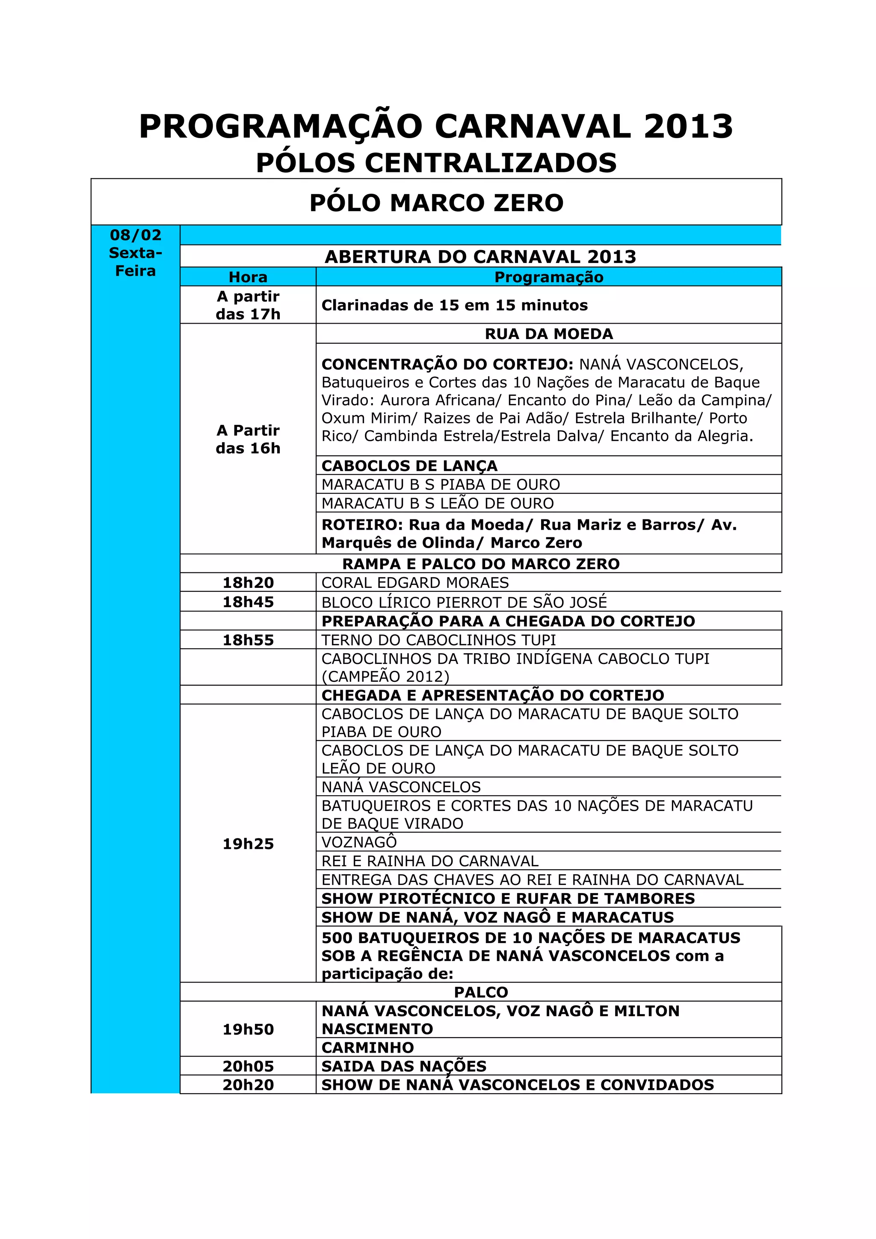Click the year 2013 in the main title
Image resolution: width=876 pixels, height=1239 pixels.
(x=688, y=127)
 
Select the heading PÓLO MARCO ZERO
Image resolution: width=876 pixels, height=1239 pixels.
(x=436, y=203)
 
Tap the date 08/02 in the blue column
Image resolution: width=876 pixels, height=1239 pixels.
(x=136, y=235)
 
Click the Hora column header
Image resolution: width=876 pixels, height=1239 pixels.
(x=248, y=277)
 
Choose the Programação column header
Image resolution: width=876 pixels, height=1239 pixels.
(x=548, y=277)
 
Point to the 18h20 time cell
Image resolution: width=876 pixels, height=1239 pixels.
(x=248, y=583)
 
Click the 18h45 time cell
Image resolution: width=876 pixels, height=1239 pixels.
(x=248, y=602)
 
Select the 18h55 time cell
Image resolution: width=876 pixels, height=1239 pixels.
(x=248, y=640)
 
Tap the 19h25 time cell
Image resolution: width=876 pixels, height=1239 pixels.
(x=248, y=844)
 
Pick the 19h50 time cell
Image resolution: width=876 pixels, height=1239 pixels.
(x=248, y=1029)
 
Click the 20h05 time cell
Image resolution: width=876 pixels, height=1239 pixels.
(x=248, y=1066)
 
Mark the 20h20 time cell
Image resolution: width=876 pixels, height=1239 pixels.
(x=248, y=1085)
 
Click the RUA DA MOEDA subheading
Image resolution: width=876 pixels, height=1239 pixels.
(x=548, y=334)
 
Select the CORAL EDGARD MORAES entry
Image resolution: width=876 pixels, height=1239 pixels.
(x=415, y=583)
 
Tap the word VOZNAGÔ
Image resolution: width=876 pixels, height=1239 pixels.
(x=359, y=842)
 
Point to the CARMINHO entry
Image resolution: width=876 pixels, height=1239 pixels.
(x=367, y=1047)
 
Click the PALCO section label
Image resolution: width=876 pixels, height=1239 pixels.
(x=480, y=992)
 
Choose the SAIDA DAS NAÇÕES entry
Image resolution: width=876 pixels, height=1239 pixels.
(x=404, y=1066)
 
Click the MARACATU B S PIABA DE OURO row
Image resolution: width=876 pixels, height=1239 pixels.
(x=441, y=484)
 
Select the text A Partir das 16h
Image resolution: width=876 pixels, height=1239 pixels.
(x=248, y=439)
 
